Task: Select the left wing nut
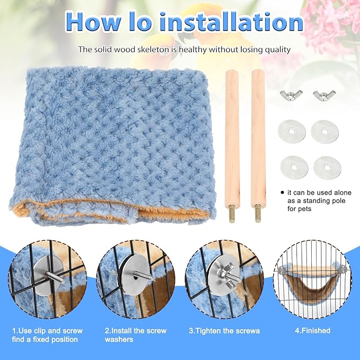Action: [x=291, y=95]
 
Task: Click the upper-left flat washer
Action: [x=291, y=131]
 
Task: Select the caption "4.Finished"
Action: [x=312, y=331]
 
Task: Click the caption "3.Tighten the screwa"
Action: [x=225, y=331]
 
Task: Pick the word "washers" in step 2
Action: [x=119, y=339]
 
